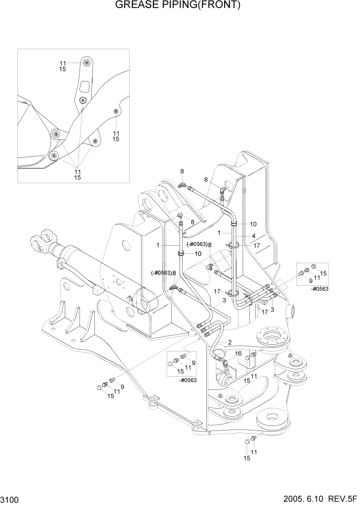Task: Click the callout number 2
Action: tap(230, 342)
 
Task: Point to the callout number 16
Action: tap(238, 354)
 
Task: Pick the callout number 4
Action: tap(253, 236)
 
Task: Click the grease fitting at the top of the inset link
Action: tap(86, 63)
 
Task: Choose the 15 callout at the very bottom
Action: tap(247, 458)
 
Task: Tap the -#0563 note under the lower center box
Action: tap(189, 380)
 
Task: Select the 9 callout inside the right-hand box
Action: tap(310, 281)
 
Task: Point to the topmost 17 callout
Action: tap(257, 246)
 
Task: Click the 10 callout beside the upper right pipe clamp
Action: tap(253, 224)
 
